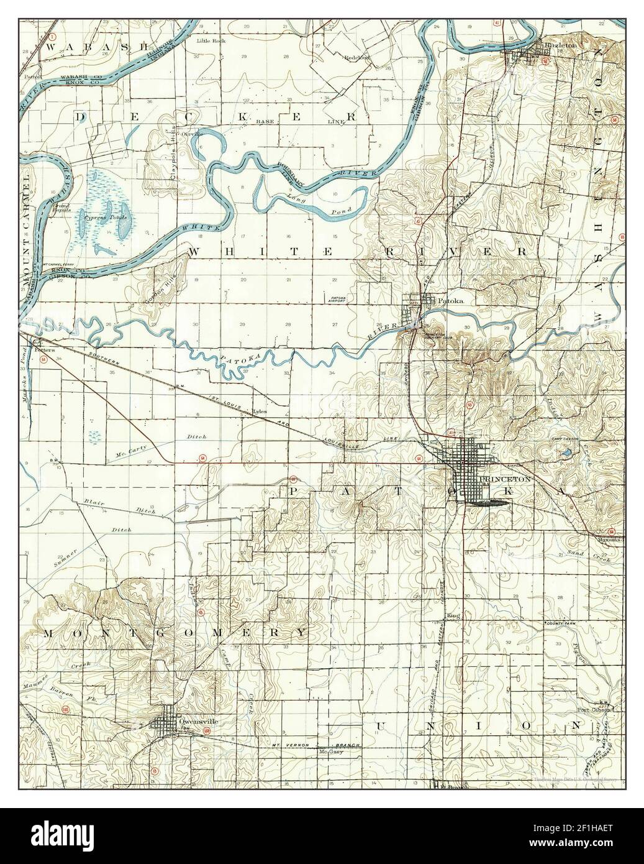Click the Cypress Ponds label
(109, 218)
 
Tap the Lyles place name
(260, 411)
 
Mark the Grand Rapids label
(64, 208)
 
